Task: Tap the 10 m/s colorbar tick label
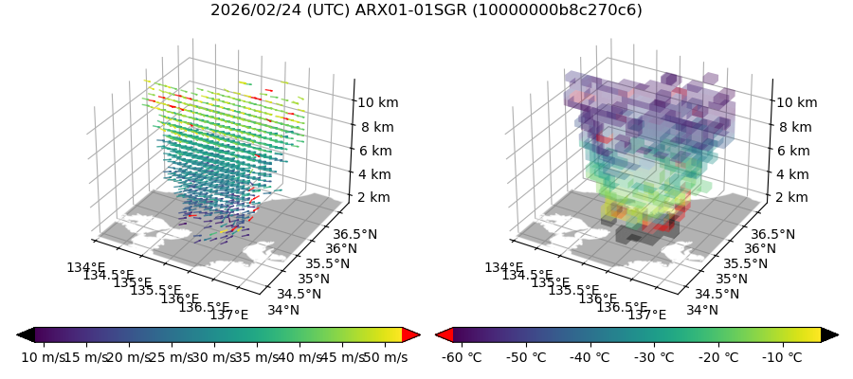pos(42,357)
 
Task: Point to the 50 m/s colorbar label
pos(385,357)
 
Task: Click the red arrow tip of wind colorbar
pos(411,334)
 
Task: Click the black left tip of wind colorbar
pos(26,334)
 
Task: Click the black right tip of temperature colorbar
pos(830,334)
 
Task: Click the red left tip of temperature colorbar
pos(444,334)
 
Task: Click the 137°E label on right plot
pos(646,315)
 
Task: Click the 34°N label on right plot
pos(703,310)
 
